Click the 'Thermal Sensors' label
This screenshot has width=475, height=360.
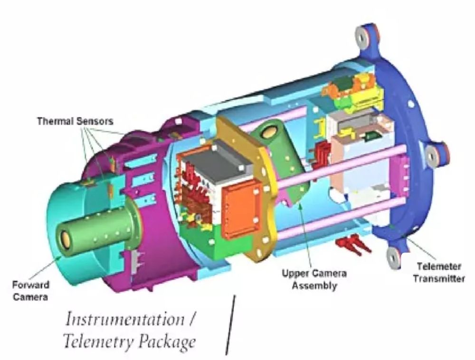75,121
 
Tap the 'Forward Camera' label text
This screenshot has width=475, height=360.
30,291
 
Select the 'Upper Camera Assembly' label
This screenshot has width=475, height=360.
314,279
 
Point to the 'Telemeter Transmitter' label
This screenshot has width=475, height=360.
438,272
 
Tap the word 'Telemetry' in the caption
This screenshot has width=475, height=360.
98,342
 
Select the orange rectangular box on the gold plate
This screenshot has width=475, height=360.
241,209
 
